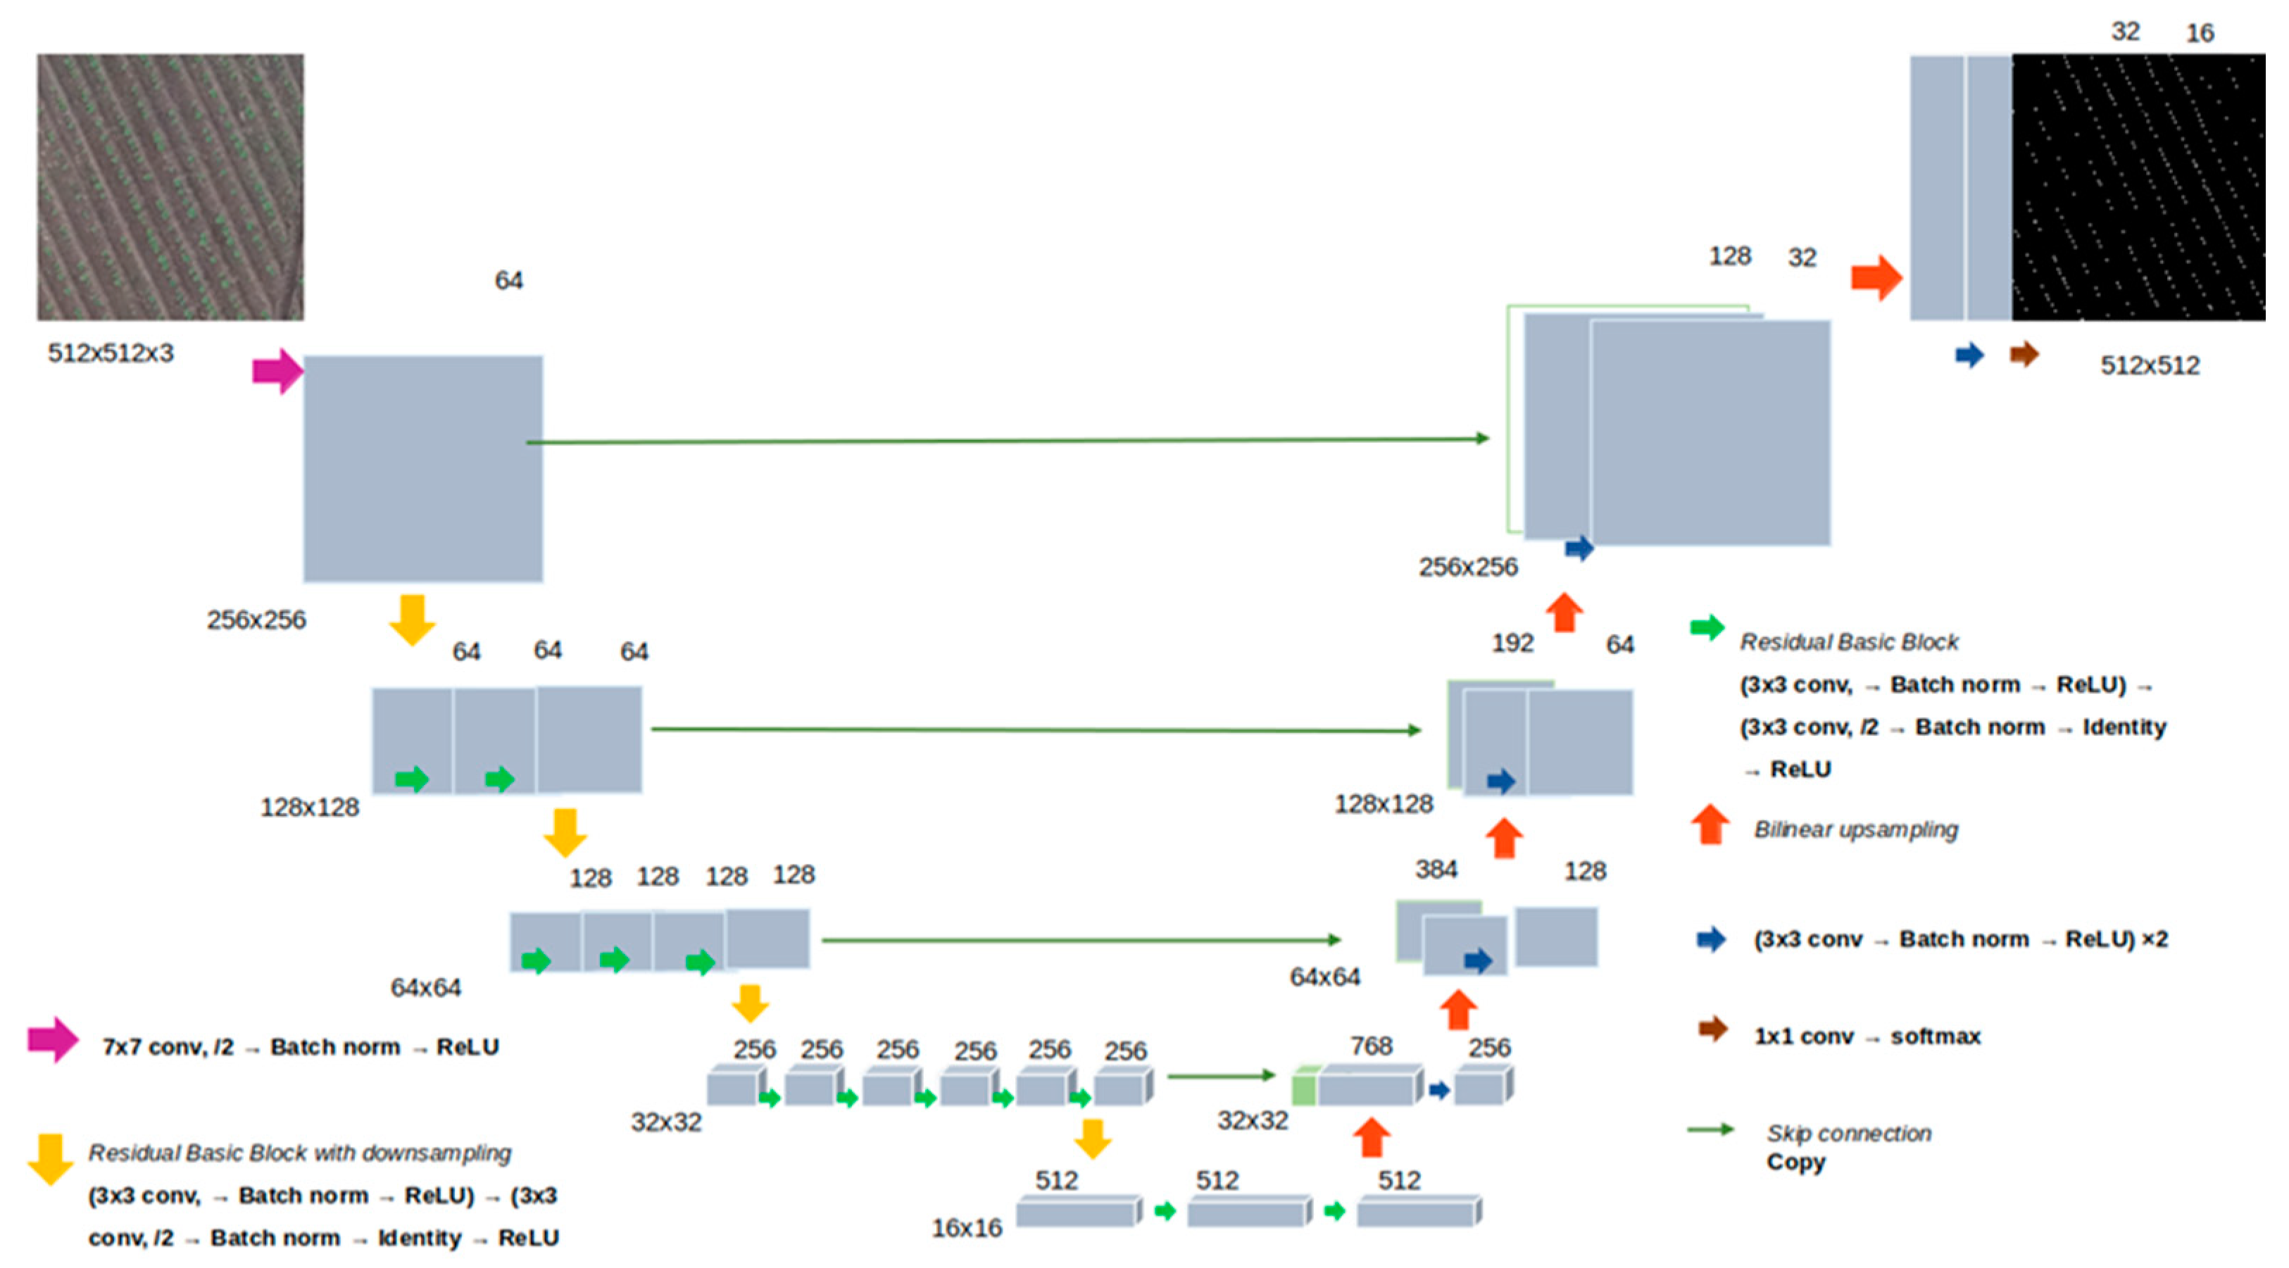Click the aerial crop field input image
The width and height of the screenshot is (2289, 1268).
(x=170, y=187)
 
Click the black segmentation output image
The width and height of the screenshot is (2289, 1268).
(x=2137, y=187)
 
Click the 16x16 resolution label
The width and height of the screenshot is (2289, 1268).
(x=966, y=1228)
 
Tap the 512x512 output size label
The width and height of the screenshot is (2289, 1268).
(x=2149, y=365)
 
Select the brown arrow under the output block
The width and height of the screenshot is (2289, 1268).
(x=2024, y=355)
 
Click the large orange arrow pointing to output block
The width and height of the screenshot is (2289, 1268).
(x=1876, y=278)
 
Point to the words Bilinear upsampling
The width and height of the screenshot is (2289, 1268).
(x=1855, y=829)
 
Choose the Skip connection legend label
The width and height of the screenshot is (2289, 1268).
(x=1848, y=1133)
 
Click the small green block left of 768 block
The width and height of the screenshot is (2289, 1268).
(x=1303, y=1087)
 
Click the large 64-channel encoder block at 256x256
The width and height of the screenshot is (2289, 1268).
(x=423, y=468)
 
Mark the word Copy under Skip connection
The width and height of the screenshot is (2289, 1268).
(x=1795, y=1162)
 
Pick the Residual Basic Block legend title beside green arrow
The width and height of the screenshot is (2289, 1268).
(x=1848, y=641)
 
